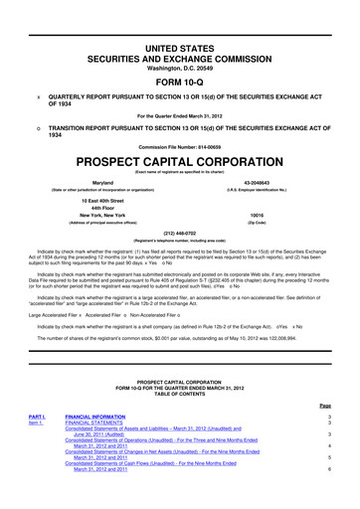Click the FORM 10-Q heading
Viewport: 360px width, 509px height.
coord(179,56)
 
